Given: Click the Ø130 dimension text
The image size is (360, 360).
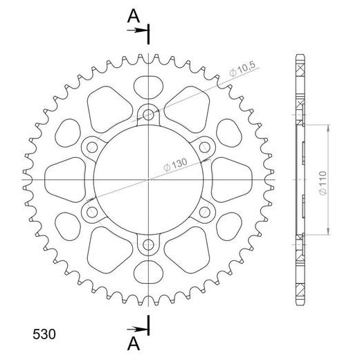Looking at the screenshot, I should (174, 164).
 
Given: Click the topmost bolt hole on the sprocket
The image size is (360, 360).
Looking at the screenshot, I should (150, 114).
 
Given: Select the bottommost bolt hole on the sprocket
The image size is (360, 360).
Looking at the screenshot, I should (150, 244).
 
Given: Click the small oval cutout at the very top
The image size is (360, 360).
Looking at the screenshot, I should (150, 86).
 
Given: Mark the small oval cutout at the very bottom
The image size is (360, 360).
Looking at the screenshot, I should (150, 271).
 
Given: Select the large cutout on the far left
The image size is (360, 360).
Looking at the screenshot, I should (66, 179).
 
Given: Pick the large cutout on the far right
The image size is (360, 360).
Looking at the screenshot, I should (233, 179).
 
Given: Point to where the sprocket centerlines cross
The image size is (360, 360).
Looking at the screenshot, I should (150, 179).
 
